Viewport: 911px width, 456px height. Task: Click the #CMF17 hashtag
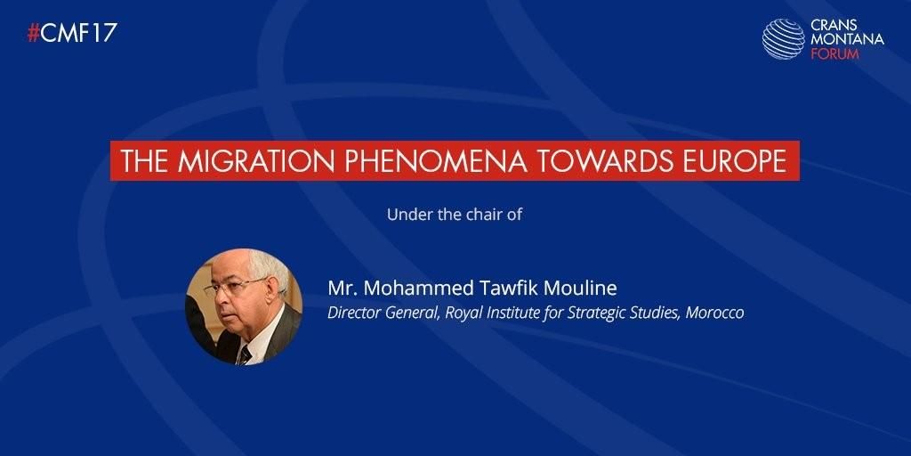tap(72, 33)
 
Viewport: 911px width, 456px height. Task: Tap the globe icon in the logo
tap(783, 39)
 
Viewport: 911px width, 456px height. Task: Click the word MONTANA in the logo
tap(847, 39)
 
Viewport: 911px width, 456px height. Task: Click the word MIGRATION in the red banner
tap(257, 161)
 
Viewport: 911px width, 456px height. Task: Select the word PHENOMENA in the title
tap(436, 161)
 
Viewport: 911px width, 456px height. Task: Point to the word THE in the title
tap(145, 161)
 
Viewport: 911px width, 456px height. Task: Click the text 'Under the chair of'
tap(455, 215)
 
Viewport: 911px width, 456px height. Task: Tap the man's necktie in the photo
tap(245, 354)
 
